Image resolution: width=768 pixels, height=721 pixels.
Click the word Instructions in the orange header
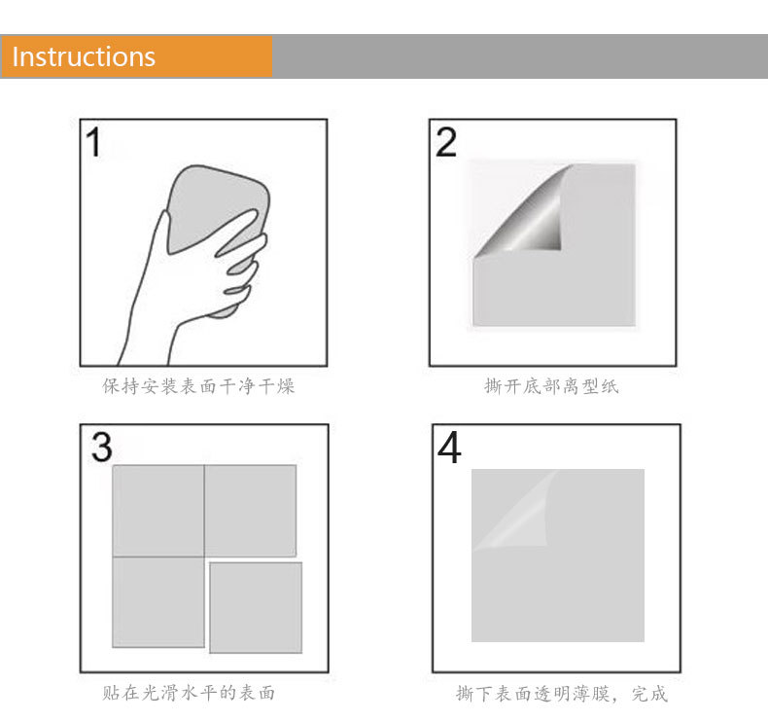84,56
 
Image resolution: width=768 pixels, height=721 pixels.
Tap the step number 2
446,142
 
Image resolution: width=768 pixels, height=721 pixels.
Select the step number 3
101,447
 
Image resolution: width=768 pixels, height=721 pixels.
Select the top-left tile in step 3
158,511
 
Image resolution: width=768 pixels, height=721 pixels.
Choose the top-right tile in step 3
250,511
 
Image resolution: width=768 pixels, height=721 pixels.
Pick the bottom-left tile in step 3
158,601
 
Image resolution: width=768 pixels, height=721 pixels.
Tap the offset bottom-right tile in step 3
256,607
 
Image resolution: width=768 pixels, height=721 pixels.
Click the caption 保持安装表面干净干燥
198,386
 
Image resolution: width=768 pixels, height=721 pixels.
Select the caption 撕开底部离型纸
551,386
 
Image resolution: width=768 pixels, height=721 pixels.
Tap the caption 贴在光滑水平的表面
189,693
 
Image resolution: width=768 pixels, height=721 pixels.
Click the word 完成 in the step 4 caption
649,694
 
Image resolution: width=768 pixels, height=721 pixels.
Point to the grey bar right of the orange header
519,56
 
